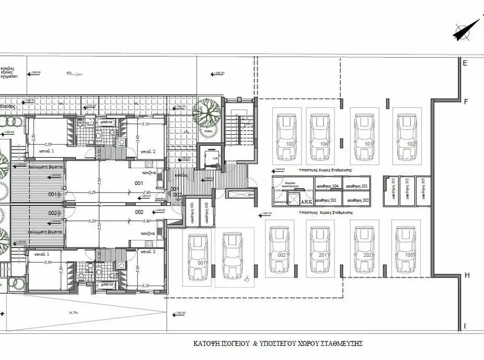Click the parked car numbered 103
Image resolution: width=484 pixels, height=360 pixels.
tap(288, 132)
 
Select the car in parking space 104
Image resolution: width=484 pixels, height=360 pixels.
tap(323, 132)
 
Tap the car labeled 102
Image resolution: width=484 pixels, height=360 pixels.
tap(410, 132)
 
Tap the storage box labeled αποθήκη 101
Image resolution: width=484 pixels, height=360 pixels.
tap(360, 186)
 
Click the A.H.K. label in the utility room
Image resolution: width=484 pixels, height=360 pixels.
tap(306, 200)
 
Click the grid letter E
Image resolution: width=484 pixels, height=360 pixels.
tap(464, 62)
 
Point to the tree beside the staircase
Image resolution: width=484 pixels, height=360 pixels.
tap(206, 113)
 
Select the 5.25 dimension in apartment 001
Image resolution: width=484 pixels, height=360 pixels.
tap(92, 192)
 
